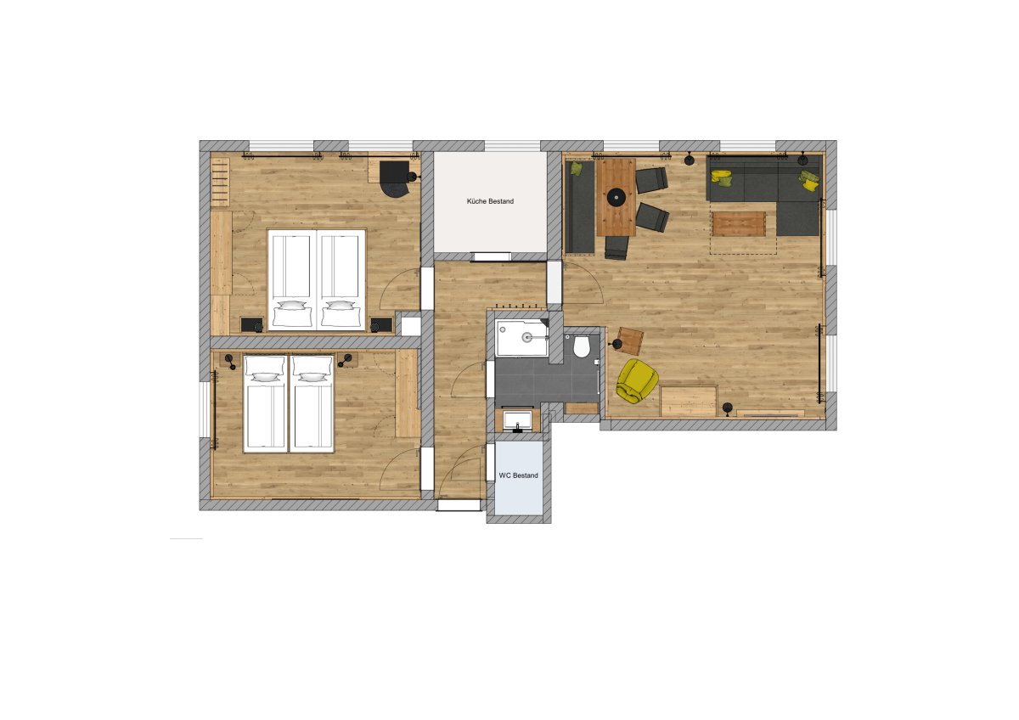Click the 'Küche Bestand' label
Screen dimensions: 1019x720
click(x=490, y=201)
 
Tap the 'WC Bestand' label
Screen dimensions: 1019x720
click(x=518, y=475)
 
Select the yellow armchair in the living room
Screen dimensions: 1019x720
click(x=637, y=380)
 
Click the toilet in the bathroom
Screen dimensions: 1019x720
click(x=582, y=346)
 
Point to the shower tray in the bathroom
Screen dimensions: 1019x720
click(x=522, y=337)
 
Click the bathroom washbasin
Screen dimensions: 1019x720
click(x=518, y=421)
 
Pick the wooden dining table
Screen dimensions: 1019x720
click(x=616, y=197)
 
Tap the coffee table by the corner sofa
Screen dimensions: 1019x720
click(x=738, y=223)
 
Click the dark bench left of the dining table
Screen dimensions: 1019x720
click(x=579, y=206)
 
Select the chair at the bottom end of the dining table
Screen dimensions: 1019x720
click(x=616, y=247)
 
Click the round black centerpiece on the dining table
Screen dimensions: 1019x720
click(x=616, y=197)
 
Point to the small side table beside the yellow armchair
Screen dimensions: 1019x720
click(x=630, y=340)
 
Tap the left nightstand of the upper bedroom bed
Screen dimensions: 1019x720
click(x=251, y=324)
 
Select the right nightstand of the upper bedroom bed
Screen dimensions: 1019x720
click(x=381, y=324)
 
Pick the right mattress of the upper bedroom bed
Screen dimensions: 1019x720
click(x=341, y=279)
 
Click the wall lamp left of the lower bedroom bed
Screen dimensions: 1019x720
click(x=230, y=361)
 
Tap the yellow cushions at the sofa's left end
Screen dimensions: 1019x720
click(x=723, y=177)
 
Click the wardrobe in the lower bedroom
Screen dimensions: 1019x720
click(x=406, y=393)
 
